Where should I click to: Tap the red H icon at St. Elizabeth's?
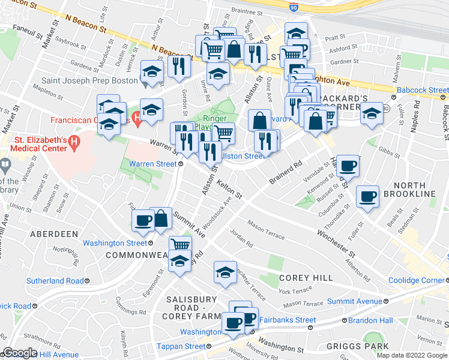pos(74,143)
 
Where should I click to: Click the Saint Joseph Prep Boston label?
pos(90,80)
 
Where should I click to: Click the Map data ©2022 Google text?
pos(411,355)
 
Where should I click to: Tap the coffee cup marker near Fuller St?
pos(367,196)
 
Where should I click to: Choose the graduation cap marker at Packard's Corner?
pos(372,113)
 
